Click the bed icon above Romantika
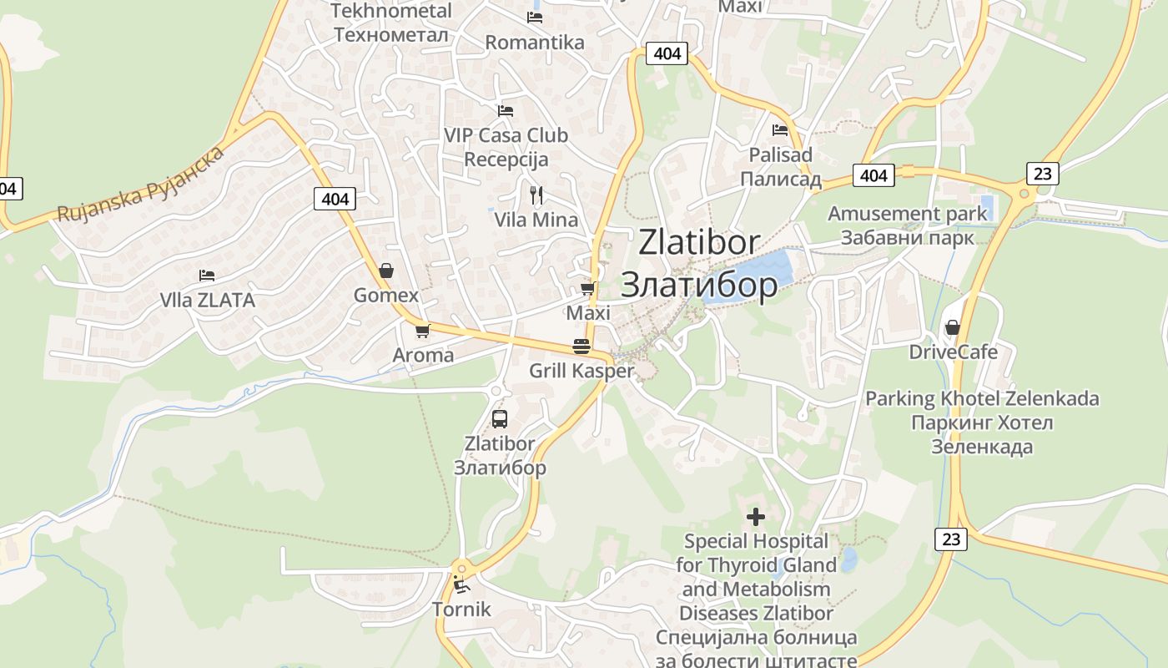click(535, 17)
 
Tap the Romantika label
click(535, 42)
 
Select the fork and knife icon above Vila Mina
click(536, 195)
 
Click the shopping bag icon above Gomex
click(386, 271)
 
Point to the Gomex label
click(386, 296)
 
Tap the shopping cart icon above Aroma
click(423, 331)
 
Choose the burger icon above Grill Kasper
click(581, 347)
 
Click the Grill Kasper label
click(581, 371)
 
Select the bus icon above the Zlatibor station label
click(500, 419)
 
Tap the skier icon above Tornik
click(461, 584)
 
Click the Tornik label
click(461, 610)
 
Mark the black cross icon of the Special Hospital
click(756, 517)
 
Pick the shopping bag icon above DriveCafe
click(953, 327)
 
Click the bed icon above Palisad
click(780, 129)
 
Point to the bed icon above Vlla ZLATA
click(207, 275)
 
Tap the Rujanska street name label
click(141, 185)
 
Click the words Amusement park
click(907, 214)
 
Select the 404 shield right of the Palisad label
click(873, 175)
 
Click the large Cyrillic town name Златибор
click(699, 286)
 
